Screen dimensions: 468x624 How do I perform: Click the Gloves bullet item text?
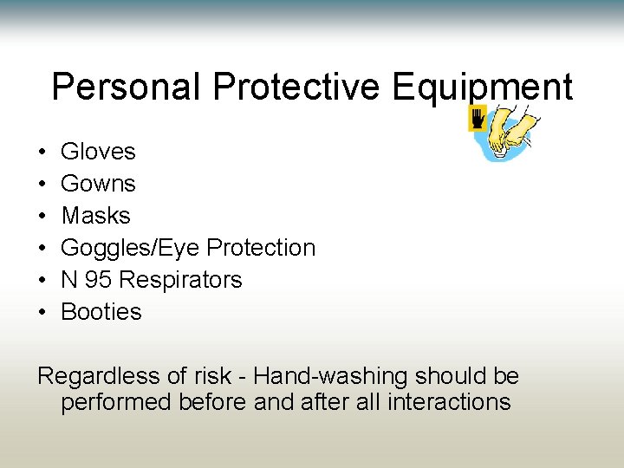click(x=98, y=152)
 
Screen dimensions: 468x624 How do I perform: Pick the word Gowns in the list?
click(x=98, y=184)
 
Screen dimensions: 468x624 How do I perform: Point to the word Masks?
click(x=95, y=216)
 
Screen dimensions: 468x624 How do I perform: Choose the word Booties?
click(x=101, y=312)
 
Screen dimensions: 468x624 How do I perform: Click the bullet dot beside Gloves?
click(x=42, y=153)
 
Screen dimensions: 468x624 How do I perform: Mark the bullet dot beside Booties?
click(x=42, y=313)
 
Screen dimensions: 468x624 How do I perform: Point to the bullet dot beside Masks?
click(x=42, y=217)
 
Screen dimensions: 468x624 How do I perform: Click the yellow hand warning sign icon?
click(x=476, y=119)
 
